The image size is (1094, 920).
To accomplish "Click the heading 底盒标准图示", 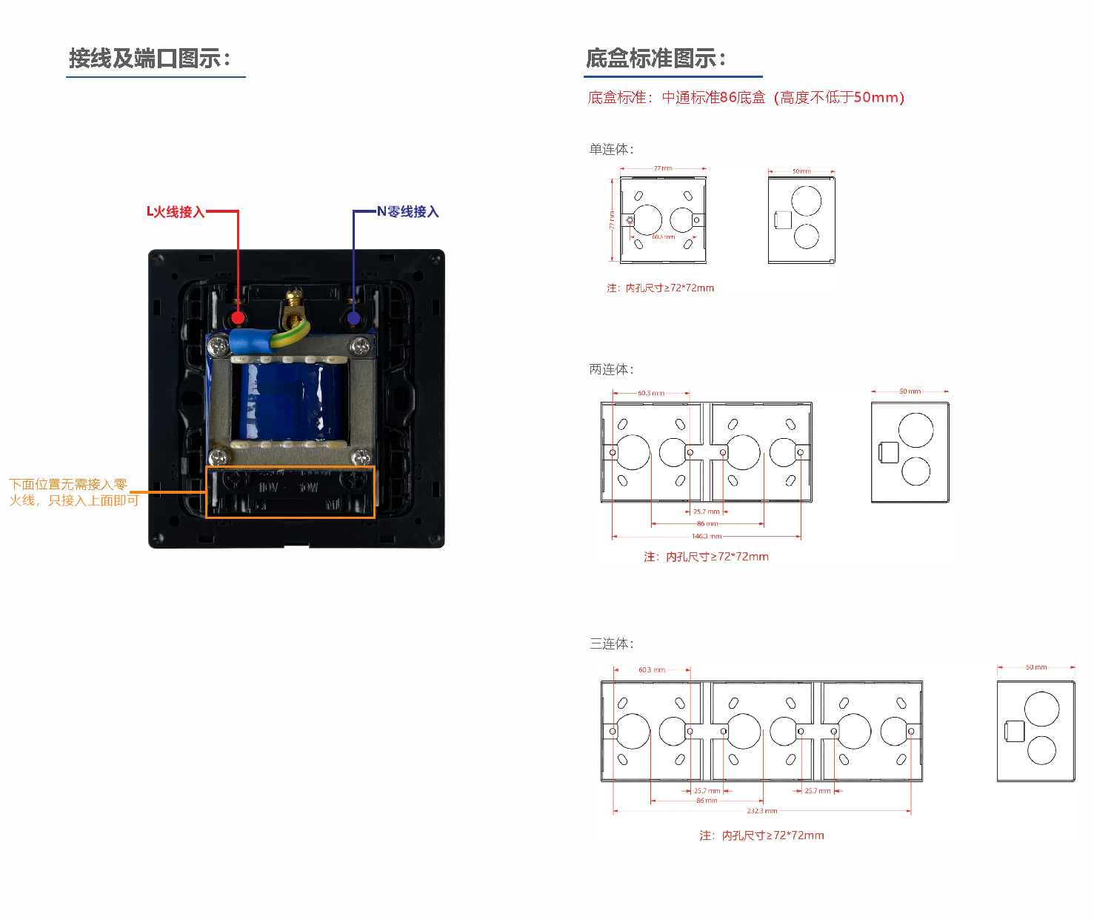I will click(656, 59).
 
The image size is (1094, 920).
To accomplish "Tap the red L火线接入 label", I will click(176, 212).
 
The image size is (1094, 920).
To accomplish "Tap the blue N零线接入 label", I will click(408, 212).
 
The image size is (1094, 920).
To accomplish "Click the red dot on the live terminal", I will click(238, 318).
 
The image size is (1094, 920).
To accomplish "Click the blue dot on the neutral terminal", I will click(353, 318).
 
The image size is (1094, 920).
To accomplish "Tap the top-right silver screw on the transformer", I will click(361, 345).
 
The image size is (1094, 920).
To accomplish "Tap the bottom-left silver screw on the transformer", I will click(218, 457).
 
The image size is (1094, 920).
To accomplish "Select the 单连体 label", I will click(611, 150).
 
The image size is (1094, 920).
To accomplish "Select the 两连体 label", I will click(611, 369).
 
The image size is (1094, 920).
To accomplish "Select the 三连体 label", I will click(611, 643).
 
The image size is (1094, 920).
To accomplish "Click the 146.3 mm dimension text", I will click(706, 536).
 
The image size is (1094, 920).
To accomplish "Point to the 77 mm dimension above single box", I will click(663, 168).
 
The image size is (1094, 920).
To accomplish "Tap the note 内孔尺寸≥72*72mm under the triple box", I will click(761, 835).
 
